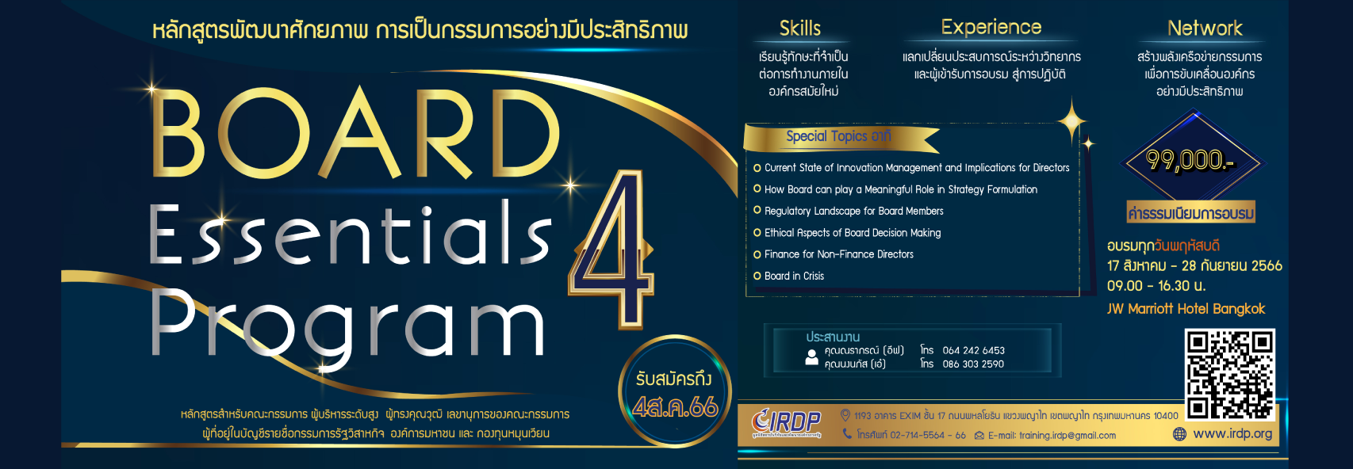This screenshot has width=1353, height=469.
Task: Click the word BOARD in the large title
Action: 355,135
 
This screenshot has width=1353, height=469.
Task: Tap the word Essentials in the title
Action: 349,235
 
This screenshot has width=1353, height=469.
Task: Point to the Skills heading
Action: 799,29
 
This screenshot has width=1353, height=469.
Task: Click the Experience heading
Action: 991,28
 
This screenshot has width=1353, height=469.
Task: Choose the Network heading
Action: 1204,29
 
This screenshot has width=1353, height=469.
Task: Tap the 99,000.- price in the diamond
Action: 1190,160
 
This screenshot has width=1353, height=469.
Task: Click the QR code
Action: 1229,373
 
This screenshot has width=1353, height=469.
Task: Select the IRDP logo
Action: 786,423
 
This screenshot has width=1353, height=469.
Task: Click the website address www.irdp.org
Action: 1232,433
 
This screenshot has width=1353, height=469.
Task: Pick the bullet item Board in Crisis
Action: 794,276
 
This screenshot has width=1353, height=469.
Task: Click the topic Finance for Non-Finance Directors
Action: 838,254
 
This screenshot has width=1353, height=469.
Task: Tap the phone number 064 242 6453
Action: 973,350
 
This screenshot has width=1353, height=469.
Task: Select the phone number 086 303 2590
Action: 973,364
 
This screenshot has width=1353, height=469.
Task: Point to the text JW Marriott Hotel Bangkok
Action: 1186,309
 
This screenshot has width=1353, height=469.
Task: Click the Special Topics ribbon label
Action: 837,137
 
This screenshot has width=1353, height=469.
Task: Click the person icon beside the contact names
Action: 811,357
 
